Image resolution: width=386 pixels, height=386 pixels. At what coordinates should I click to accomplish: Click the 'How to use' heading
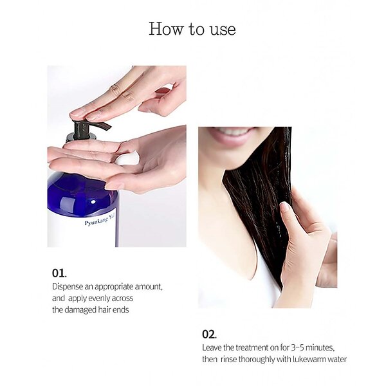(192, 29)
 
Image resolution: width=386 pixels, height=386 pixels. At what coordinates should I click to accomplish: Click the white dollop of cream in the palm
(127, 158)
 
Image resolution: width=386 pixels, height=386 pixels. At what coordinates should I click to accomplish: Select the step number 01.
(59, 273)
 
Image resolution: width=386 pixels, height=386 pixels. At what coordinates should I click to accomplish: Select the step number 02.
(209, 335)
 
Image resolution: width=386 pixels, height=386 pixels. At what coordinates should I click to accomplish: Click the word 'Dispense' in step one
(67, 287)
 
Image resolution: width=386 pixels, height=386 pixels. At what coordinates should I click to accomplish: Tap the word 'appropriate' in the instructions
(114, 287)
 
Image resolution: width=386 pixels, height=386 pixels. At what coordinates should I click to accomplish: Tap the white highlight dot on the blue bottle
(93, 202)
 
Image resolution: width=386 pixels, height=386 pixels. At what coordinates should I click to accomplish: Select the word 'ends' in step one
(121, 310)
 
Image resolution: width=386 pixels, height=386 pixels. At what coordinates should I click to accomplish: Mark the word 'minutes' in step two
(320, 348)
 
